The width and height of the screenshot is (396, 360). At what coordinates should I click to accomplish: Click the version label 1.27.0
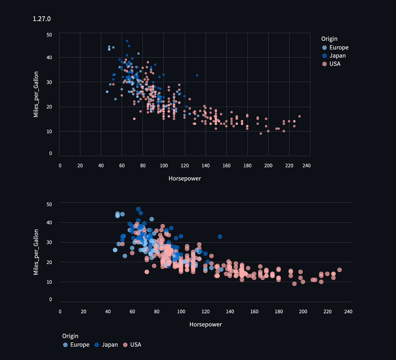click(x=42, y=19)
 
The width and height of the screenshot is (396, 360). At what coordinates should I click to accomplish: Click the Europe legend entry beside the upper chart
click(x=339, y=48)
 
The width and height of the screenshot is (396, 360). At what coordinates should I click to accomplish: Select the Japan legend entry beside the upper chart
click(x=337, y=56)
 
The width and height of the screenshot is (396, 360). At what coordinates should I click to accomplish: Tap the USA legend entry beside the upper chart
click(x=334, y=64)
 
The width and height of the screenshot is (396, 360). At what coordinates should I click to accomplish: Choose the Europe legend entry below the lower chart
click(x=79, y=345)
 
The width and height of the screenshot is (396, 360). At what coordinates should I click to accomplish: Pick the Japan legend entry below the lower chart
click(x=109, y=345)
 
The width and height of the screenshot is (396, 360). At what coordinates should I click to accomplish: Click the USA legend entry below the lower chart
click(x=135, y=345)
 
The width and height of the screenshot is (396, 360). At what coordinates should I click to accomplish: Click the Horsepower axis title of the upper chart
click(x=185, y=179)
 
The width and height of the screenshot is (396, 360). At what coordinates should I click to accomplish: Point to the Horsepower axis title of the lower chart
click(x=206, y=324)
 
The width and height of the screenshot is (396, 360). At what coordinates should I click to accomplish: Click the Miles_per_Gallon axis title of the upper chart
click(x=36, y=94)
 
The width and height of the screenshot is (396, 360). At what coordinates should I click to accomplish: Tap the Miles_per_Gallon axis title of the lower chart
click(x=36, y=252)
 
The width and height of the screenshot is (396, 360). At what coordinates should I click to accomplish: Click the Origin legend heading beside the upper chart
click(x=329, y=39)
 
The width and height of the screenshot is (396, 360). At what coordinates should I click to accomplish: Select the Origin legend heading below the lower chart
click(x=70, y=336)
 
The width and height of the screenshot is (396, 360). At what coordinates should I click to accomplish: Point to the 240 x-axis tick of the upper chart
click(x=306, y=166)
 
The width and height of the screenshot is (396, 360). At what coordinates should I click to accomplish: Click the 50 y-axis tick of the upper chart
click(x=49, y=35)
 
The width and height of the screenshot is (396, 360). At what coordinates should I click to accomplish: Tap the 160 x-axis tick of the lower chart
click(x=254, y=312)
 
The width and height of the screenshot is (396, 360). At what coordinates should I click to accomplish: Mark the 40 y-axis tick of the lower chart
click(x=49, y=223)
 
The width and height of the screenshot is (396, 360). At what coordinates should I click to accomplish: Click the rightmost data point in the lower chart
click(x=339, y=270)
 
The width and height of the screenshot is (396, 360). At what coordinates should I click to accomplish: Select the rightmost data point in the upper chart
click(x=299, y=116)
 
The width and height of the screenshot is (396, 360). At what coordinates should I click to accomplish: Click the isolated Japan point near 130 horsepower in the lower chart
click(x=220, y=237)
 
